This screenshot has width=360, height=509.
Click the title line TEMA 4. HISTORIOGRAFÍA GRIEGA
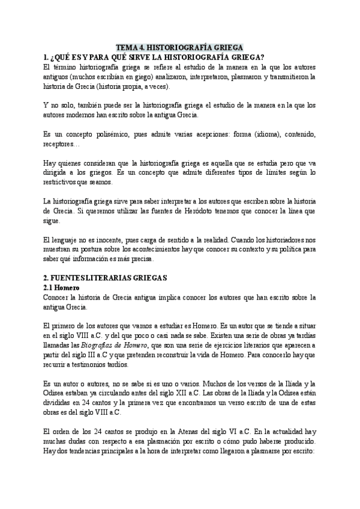[180, 48]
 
